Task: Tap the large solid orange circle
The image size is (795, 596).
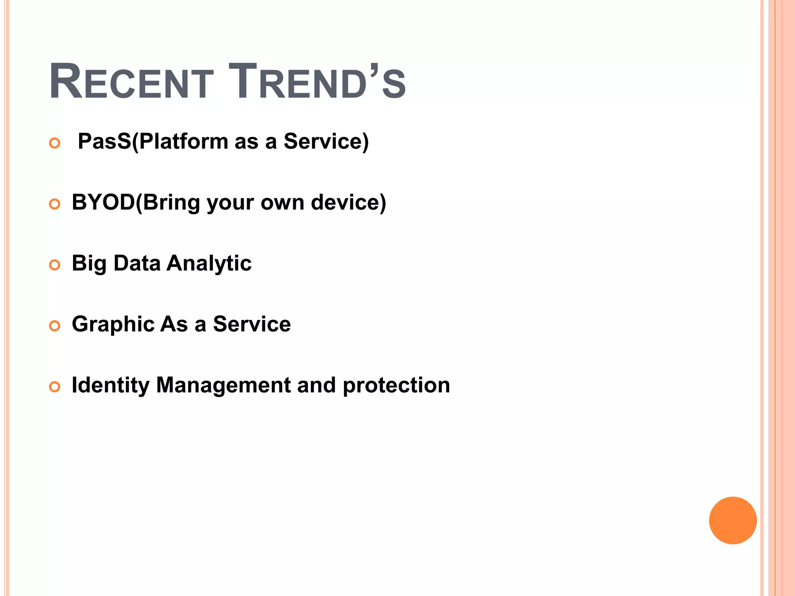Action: pyautogui.click(x=733, y=520)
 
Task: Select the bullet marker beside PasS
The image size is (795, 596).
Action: pyautogui.click(x=55, y=143)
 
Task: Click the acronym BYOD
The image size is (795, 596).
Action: pyautogui.click(x=103, y=202)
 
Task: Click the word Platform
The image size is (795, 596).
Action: pyautogui.click(x=184, y=141)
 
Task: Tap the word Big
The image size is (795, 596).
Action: pyautogui.click(x=89, y=263)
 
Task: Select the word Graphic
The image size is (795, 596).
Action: pyautogui.click(x=113, y=324)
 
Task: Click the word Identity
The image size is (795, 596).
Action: pyautogui.click(x=111, y=385)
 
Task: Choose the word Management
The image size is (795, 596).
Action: pyautogui.click(x=223, y=385)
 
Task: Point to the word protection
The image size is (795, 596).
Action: pyautogui.click(x=396, y=385)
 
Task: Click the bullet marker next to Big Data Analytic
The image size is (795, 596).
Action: pyautogui.click(x=55, y=265)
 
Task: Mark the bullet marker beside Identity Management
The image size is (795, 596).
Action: pyautogui.click(x=55, y=387)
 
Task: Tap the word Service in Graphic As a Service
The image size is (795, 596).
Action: pyautogui.click(x=252, y=324)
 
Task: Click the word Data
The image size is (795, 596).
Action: pyautogui.click(x=137, y=263)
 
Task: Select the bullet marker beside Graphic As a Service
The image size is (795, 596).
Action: pyautogui.click(x=55, y=326)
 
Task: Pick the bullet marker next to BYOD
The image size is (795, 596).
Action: pyautogui.click(x=55, y=204)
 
